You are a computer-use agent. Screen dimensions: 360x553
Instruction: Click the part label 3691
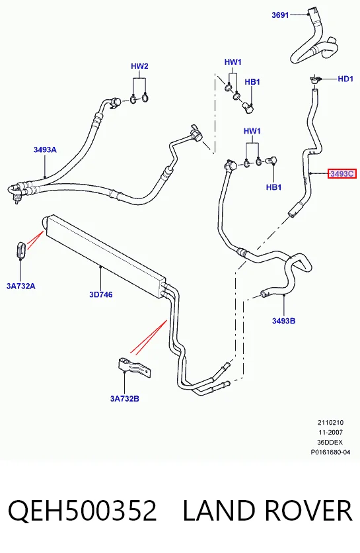coord(280,15)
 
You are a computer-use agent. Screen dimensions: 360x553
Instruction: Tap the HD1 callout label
coord(345,79)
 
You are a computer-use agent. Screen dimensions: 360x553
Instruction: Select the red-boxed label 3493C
coord(342,173)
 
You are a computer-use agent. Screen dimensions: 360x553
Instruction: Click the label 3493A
coord(45,149)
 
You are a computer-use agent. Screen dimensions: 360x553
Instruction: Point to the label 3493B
coord(283,321)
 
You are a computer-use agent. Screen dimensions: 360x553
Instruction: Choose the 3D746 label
coord(101,294)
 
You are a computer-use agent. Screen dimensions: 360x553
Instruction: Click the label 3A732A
coord(20,286)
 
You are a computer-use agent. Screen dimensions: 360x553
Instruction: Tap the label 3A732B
coord(125,398)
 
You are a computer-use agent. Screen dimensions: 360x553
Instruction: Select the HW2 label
coord(139,66)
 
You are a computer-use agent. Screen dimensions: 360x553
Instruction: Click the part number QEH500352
coord(82,510)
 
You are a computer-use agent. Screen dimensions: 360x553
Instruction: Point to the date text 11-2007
coord(330,432)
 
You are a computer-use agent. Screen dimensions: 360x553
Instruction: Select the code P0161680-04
coord(330,452)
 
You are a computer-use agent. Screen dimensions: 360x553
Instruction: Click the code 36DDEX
coord(330,443)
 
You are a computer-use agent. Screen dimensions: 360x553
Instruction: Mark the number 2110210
coord(330,422)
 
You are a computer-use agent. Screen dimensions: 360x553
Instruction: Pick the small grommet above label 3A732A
coord(20,250)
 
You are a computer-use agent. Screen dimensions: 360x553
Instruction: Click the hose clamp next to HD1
coord(314,79)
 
